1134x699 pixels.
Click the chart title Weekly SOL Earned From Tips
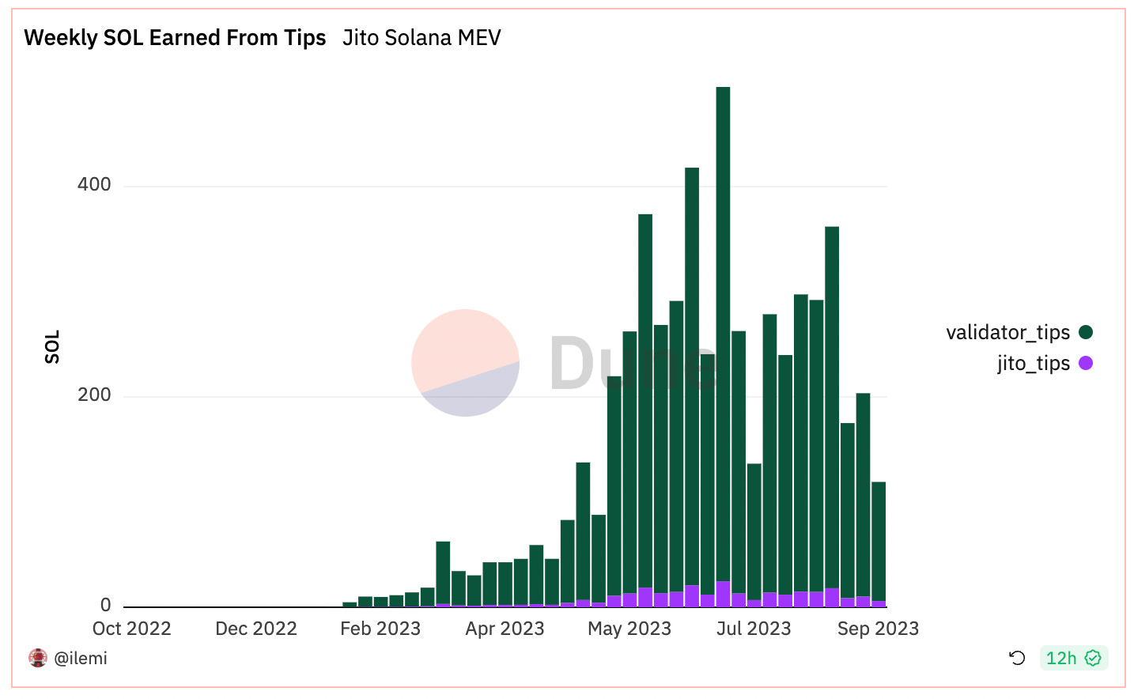175,38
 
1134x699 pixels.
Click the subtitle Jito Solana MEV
421,38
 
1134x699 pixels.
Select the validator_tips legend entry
1007,332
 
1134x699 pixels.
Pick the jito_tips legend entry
1033,363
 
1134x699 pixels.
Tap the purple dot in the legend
1086,363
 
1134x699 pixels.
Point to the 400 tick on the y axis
94,185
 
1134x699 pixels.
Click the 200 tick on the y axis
94,395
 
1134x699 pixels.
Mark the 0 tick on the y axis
105,606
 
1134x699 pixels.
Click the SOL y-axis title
52,347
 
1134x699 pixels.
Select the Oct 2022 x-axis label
131,629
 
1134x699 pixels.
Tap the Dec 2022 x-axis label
255,629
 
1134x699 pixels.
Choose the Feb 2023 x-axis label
380,629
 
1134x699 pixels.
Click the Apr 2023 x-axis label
505,629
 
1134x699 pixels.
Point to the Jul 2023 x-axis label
753,629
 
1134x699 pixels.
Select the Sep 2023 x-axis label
878,629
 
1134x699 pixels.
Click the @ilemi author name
80,658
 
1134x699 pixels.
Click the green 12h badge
1072,658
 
